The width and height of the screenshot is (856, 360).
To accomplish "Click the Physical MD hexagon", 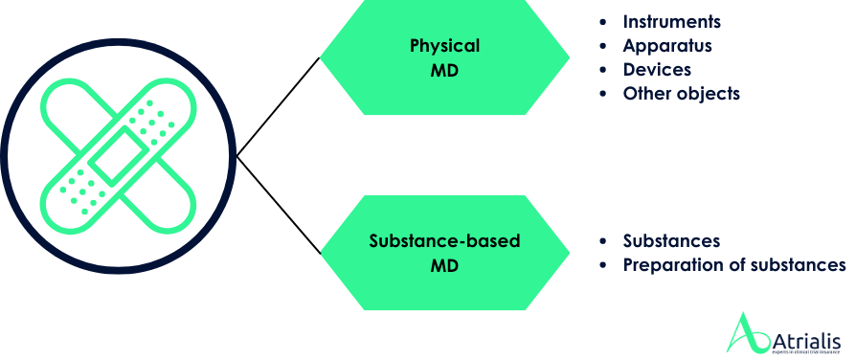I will coord(444,57).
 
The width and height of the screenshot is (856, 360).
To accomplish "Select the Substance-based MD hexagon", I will coord(444,253).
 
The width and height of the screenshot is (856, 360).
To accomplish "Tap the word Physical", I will coord(444,45).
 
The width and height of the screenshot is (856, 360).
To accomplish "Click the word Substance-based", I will coord(444,240).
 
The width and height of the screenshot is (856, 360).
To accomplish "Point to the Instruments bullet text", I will coord(671,21).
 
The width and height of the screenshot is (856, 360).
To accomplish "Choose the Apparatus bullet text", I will coord(667,45).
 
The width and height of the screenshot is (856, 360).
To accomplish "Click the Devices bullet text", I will coord(657,69).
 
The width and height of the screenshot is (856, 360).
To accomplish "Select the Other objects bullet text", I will coord(681,94).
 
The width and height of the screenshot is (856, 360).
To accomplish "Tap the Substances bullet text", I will coord(671,240).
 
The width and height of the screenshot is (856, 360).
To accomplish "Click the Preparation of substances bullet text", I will coord(733,264).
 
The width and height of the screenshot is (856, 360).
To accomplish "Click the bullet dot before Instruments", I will coord(602,21).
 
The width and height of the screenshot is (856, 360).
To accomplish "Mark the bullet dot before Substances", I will coord(602,240).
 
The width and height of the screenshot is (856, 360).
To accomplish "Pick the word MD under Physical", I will coord(444,70).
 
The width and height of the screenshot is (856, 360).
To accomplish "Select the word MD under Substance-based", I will coord(444,265).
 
